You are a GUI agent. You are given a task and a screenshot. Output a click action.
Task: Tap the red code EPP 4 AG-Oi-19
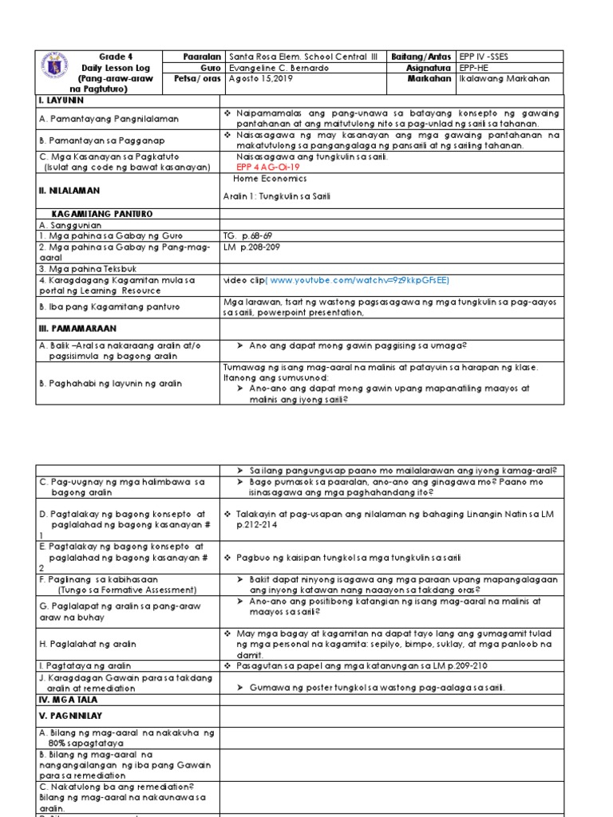[x=269, y=168]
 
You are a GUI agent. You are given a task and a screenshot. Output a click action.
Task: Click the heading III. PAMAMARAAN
[x=77, y=328]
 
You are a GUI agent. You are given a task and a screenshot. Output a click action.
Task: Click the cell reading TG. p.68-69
[x=248, y=236]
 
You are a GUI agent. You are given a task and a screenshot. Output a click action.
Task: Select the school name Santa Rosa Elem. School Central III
[x=304, y=57]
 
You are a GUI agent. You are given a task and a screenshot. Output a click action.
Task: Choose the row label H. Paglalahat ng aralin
[x=87, y=644]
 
